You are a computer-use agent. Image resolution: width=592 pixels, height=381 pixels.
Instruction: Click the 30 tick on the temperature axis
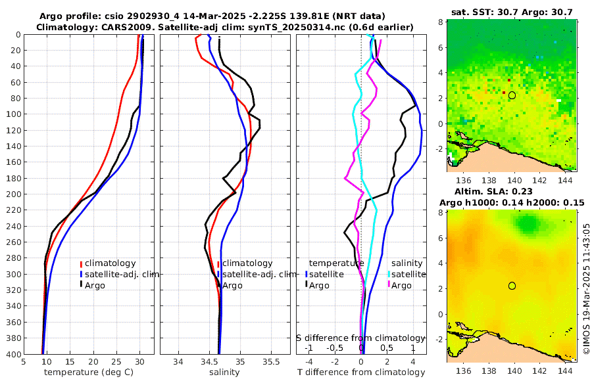(x=139, y=362)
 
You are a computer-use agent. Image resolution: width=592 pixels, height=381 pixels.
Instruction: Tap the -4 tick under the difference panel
(x=309, y=362)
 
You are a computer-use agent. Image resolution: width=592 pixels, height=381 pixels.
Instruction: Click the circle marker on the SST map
(x=512, y=95)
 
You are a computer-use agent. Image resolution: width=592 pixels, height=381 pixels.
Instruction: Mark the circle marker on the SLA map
(x=512, y=286)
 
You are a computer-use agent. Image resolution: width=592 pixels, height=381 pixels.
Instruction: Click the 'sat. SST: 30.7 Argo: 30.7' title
(x=512, y=12)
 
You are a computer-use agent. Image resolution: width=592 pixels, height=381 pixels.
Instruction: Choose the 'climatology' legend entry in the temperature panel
(x=110, y=263)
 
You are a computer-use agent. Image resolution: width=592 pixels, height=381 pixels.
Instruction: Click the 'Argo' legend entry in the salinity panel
(x=234, y=285)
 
